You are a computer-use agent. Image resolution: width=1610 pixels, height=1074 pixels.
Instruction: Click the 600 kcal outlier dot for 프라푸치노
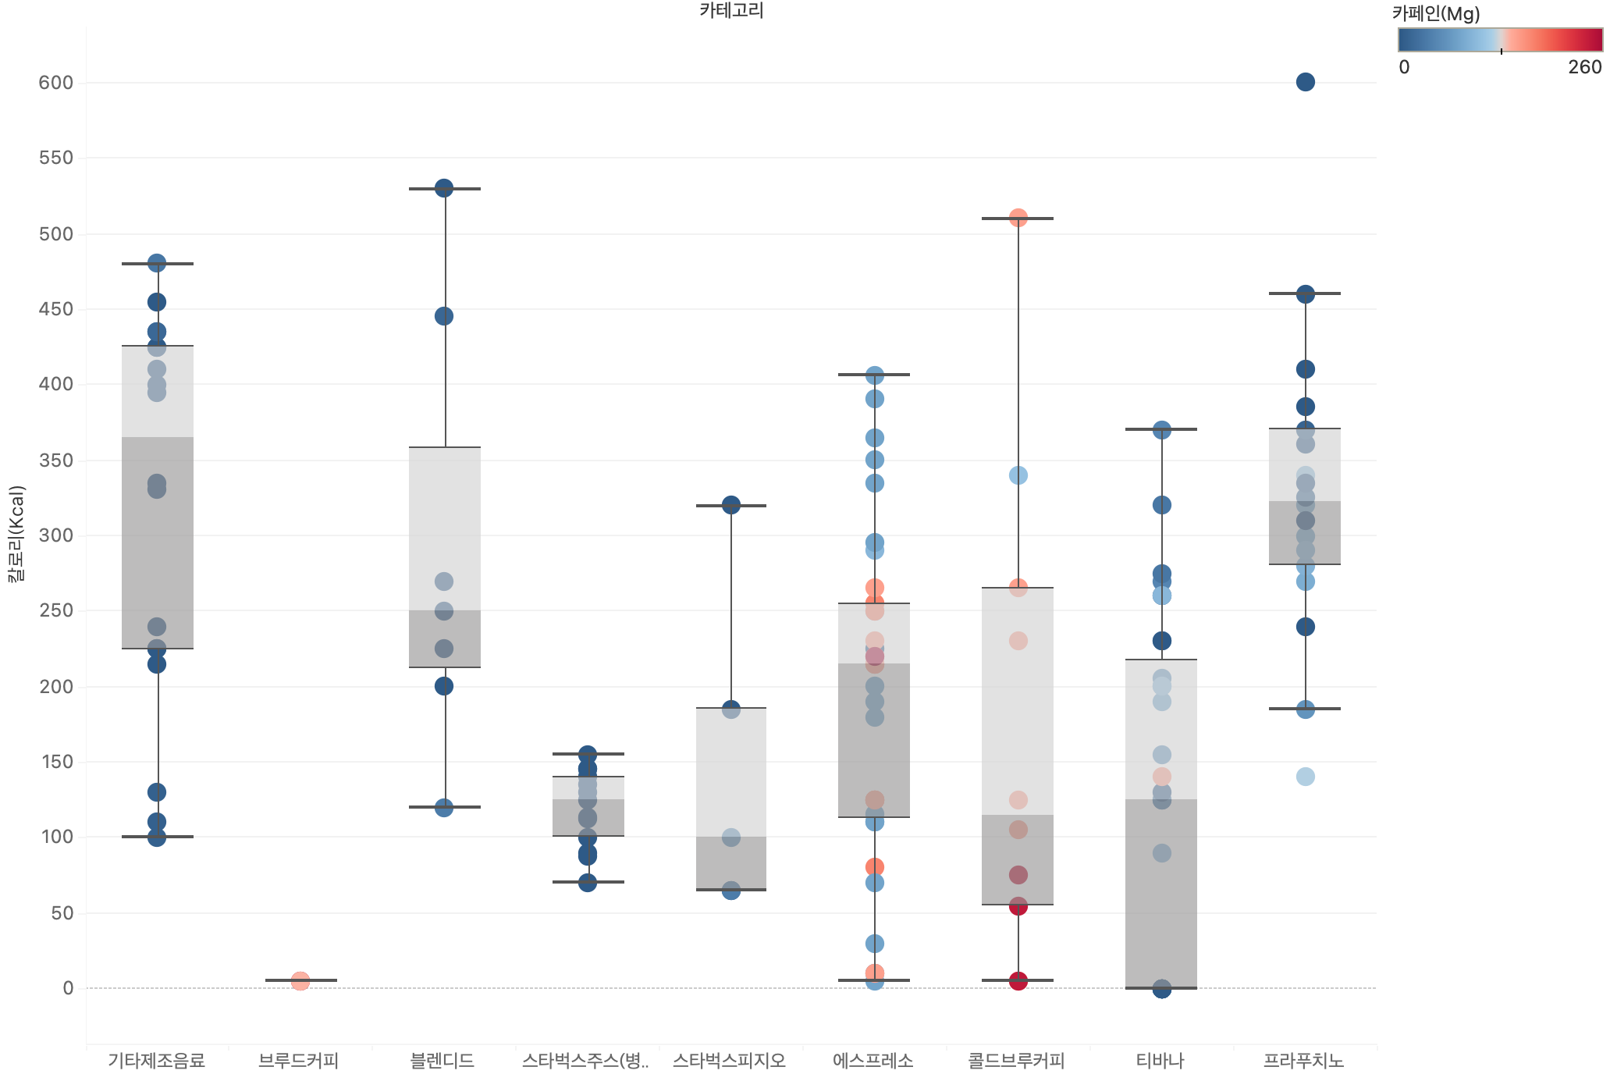click(x=1305, y=82)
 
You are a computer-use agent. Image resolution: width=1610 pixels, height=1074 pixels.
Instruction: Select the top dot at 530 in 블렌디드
click(x=443, y=188)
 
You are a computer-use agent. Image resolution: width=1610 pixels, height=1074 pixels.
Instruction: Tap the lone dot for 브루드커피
click(x=300, y=981)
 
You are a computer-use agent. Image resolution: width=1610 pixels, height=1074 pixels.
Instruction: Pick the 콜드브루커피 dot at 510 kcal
click(x=1018, y=218)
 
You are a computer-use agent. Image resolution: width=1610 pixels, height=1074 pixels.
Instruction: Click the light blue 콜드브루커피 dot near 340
click(x=1018, y=475)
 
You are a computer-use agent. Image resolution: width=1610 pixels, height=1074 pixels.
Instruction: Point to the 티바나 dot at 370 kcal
click(x=1161, y=430)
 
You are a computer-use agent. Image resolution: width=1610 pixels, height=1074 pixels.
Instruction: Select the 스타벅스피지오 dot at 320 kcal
click(x=730, y=505)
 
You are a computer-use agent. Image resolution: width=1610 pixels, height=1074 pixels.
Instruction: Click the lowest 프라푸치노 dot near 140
click(x=1305, y=777)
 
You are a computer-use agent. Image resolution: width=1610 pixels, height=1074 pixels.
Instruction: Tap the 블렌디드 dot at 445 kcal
click(x=443, y=316)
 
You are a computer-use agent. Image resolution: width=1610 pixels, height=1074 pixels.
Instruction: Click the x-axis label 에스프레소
click(x=873, y=1061)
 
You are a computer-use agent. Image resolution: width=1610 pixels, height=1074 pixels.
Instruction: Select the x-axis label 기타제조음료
click(x=156, y=1061)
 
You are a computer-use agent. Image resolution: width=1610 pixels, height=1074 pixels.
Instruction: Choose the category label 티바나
click(x=1160, y=1061)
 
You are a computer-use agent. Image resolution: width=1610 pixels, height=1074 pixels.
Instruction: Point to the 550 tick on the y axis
click(x=56, y=158)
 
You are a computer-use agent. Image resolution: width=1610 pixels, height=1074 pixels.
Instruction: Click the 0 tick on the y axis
click(x=68, y=988)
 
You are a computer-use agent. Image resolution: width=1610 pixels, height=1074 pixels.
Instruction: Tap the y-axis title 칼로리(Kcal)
click(x=16, y=534)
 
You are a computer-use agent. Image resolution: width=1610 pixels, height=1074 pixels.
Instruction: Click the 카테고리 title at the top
click(x=730, y=10)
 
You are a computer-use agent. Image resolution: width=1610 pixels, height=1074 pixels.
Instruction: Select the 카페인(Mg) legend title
click(x=1435, y=13)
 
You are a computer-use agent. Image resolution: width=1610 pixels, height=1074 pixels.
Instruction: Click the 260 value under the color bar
click(x=1584, y=67)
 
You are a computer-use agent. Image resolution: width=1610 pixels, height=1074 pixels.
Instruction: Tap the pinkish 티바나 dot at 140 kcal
click(x=1161, y=777)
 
